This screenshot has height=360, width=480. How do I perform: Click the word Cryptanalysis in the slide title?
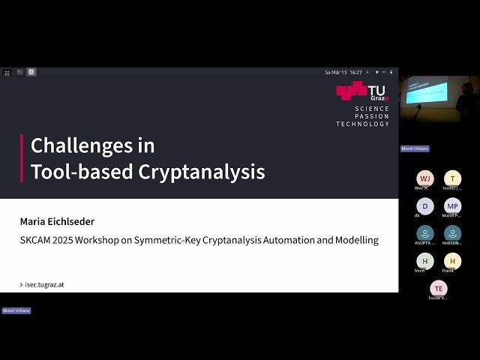[x=202, y=172]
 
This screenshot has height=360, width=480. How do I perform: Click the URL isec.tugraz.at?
[x=44, y=285]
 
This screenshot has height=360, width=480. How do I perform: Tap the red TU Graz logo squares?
[x=351, y=91]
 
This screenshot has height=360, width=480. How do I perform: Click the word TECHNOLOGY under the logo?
[x=363, y=124]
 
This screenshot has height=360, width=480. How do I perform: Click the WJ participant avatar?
[x=425, y=178]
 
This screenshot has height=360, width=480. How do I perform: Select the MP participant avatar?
[x=452, y=206]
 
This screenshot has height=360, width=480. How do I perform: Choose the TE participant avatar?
[x=439, y=288]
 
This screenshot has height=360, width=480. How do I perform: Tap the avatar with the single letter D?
[x=425, y=206]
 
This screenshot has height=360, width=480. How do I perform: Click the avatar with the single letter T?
[x=452, y=178]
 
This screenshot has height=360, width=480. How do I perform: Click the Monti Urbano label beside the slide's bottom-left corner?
[x=16, y=310]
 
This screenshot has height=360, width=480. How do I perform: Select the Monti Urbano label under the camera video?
[x=415, y=148]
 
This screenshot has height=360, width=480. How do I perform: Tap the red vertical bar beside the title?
[x=22, y=158]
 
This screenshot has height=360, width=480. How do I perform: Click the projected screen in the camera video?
[x=425, y=92]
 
